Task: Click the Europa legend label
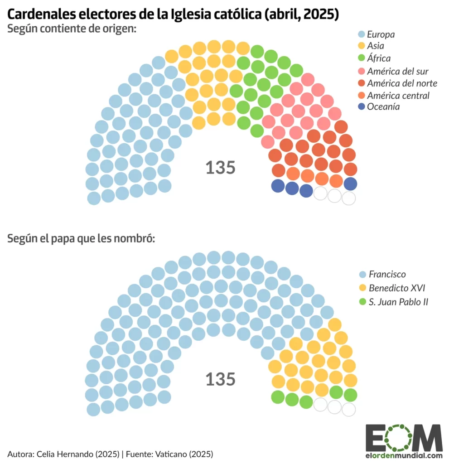click(381, 34)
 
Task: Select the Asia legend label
click(376, 46)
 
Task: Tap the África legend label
click(378, 58)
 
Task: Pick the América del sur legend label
click(397, 71)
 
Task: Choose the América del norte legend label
click(402, 83)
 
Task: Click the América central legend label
click(398, 95)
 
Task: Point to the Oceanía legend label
click(384, 107)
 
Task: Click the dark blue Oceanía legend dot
click(361, 107)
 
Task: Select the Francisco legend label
click(387, 274)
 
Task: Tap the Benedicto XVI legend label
click(397, 288)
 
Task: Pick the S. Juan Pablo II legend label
click(398, 301)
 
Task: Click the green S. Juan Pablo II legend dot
click(362, 301)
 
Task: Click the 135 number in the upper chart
click(221, 168)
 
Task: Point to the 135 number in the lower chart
click(221, 379)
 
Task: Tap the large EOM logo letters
click(404, 438)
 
